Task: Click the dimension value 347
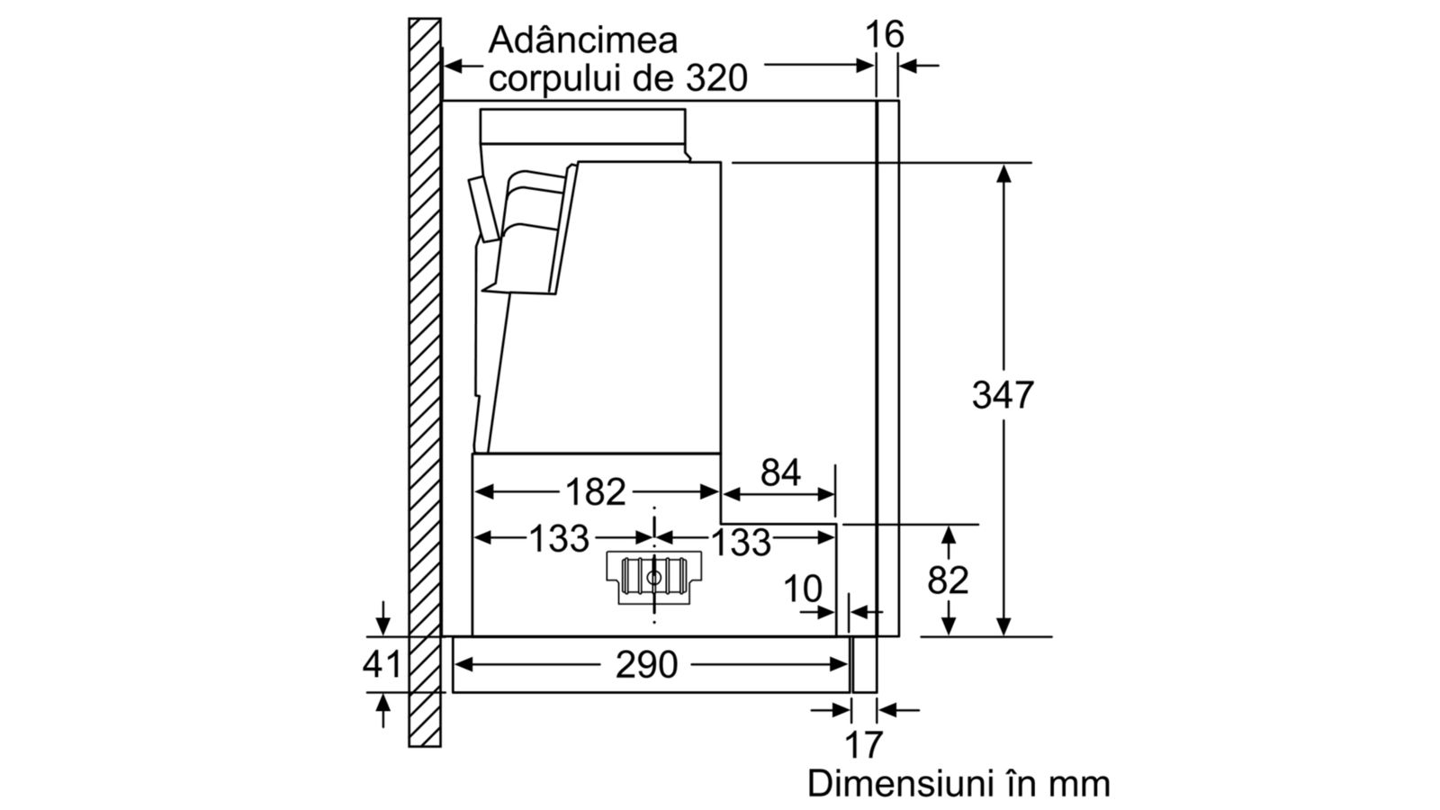pos(1003,395)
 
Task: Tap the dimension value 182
pos(595,492)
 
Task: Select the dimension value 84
pos(780,472)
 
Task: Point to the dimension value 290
pos(647,665)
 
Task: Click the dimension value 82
pos(948,580)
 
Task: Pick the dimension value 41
pos(382,664)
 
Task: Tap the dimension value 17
pos(863,745)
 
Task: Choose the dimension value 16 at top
pos(885,34)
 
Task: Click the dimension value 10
pos(803,589)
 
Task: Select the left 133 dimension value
pos(559,538)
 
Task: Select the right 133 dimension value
pos(742,542)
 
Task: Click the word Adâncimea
pos(583,40)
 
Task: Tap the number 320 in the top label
pos(716,78)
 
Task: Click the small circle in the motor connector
pos(653,577)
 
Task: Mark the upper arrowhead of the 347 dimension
pos(1003,174)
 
